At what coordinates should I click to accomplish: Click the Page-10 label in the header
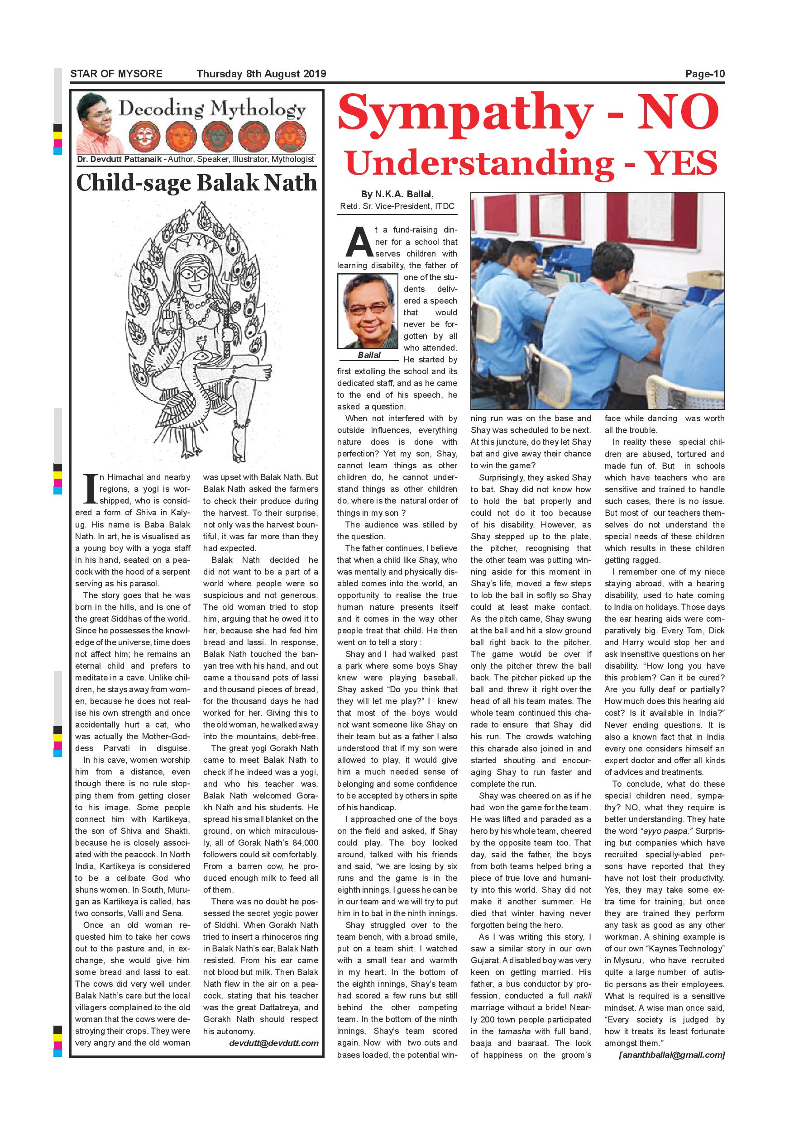(x=704, y=74)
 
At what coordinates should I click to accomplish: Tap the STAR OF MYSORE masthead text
(x=116, y=74)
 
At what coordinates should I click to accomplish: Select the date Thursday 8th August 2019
(x=261, y=74)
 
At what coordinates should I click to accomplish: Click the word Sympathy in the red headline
(x=464, y=114)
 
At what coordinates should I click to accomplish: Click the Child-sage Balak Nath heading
(x=196, y=183)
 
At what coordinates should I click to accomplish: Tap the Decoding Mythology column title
(x=212, y=109)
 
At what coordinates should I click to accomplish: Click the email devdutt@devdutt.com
(x=274, y=1043)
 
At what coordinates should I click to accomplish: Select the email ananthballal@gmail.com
(x=672, y=1055)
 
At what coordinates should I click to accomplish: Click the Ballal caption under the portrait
(x=369, y=355)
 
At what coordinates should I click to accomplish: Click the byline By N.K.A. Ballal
(x=397, y=195)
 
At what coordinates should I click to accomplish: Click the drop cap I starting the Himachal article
(x=90, y=489)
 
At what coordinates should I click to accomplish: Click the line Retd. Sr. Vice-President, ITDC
(x=397, y=206)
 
